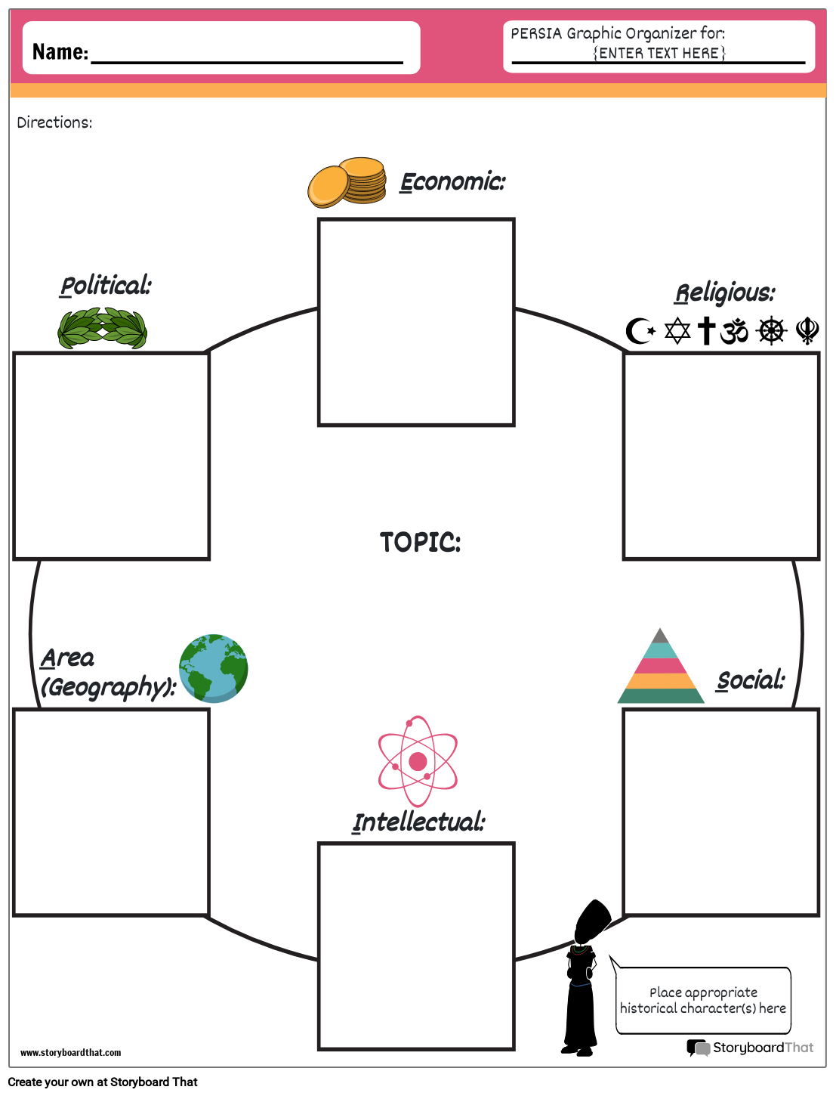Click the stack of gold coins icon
click(x=347, y=182)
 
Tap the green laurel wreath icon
click(x=103, y=328)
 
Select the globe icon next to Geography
click(x=214, y=668)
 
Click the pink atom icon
click(x=418, y=761)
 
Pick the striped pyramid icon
click(x=661, y=668)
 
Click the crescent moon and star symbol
click(x=640, y=331)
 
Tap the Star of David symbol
click(x=677, y=331)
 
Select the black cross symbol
click(x=706, y=330)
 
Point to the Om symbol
click(x=734, y=331)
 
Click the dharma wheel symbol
click(x=772, y=330)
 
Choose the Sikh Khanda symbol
click(x=807, y=330)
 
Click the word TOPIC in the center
click(x=420, y=542)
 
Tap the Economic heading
click(x=452, y=182)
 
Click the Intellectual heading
click(x=419, y=822)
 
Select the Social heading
click(x=751, y=680)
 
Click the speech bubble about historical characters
click(x=703, y=1000)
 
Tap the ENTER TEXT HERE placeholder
click(x=659, y=53)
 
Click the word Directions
click(x=54, y=122)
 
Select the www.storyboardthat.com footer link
click(x=70, y=1053)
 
